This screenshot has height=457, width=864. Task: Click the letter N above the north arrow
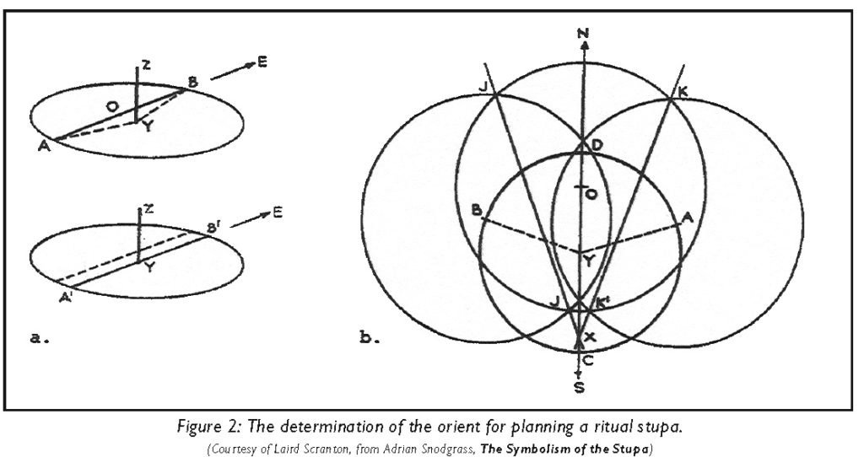(x=584, y=34)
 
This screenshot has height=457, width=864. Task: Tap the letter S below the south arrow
(x=579, y=388)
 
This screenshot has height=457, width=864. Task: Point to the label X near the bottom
(x=590, y=337)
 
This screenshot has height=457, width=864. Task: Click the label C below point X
(x=588, y=361)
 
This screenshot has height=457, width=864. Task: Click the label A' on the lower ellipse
(x=65, y=298)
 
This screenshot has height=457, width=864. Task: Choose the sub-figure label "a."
(x=40, y=338)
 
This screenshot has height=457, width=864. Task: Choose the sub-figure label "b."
(x=370, y=337)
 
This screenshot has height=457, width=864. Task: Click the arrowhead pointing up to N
(x=584, y=46)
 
